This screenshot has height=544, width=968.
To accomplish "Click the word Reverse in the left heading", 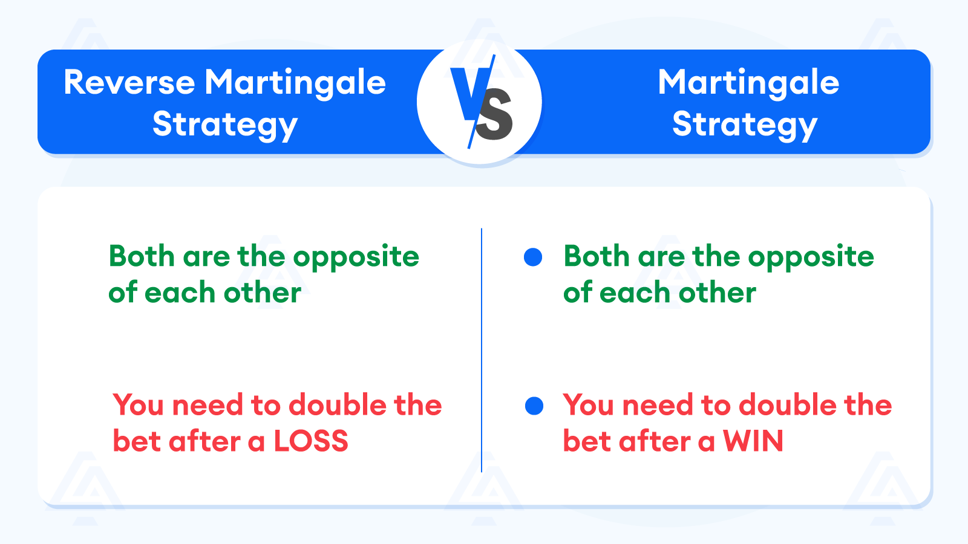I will coord(129,82).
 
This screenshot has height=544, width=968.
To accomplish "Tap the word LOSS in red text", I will coord(311,441).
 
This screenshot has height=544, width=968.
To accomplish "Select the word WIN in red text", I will coord(753,441).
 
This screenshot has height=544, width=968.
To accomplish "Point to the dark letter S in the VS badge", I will coord(495,115).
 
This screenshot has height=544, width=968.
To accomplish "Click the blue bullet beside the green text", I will coord(533,257).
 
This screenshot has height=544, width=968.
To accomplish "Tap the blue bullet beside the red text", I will coord(534,406).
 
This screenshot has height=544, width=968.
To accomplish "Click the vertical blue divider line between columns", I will coord(482,351).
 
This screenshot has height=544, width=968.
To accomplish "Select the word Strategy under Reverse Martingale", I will coord(225,125).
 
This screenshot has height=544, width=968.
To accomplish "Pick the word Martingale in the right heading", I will coord(748,82).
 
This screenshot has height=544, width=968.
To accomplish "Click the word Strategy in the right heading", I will coord(745,125).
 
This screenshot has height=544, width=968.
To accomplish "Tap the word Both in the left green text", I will coord(141,256).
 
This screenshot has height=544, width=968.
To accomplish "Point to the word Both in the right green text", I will coord(596,256).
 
